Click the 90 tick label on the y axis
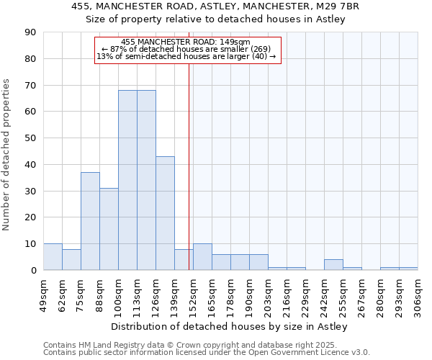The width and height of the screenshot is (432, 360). click(x=31, y=32)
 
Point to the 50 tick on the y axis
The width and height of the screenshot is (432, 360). click(x=31, y=138)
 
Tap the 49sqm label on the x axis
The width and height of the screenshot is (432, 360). click(x=43, y=294)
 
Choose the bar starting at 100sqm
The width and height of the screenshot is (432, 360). click(x=127, y=180)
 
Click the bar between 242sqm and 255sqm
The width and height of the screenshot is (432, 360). click(x=333, y=265)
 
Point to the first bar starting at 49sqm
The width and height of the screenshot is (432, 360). click(x=53, y=257)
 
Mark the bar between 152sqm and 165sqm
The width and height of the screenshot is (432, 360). click(x=202, y=257)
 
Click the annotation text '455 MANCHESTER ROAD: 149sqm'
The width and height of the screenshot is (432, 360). click(x=186, y=42)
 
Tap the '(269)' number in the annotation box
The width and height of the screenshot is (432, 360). click(x=256, y=49)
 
